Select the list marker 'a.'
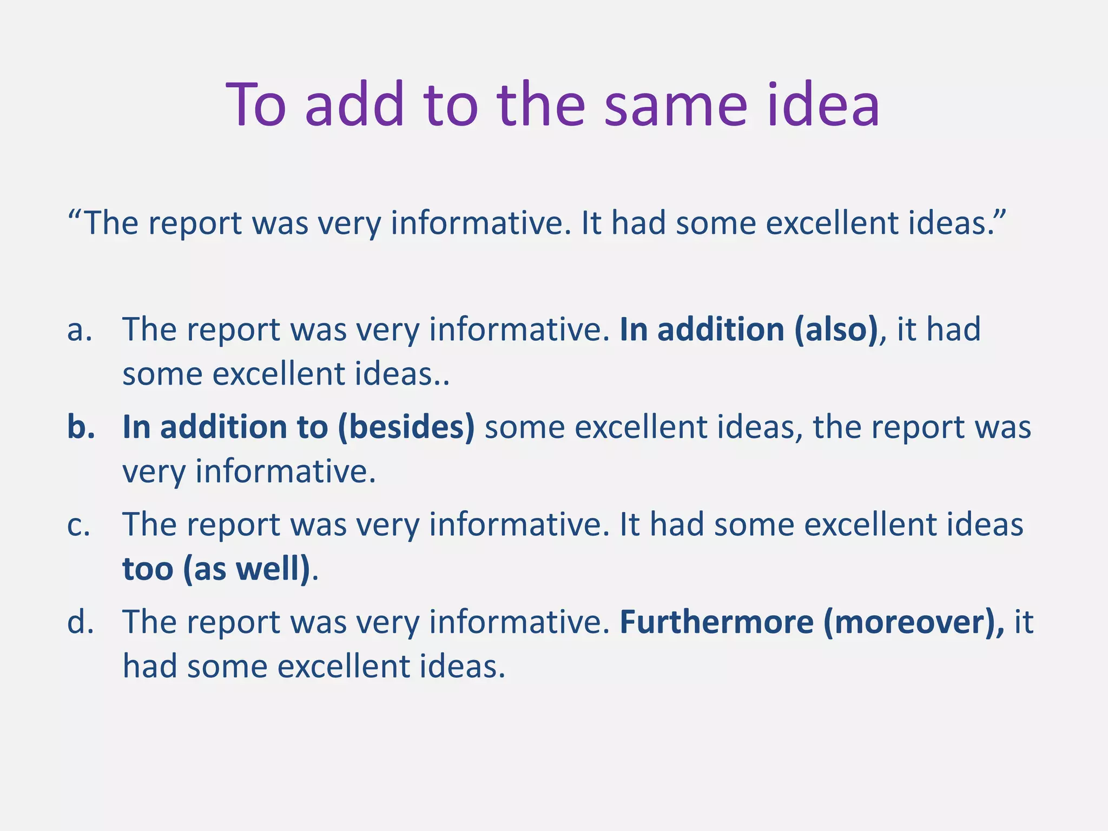tap(80, 329)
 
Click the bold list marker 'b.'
tap(81, 427)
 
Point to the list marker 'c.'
tap(79, 525)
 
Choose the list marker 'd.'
tap(81, 622)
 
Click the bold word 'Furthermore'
tap(716, 622)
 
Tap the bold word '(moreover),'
tap(914, 622)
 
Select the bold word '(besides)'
tap(406, 427)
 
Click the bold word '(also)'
tap(836, 329)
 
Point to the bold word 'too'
tap(147, 569)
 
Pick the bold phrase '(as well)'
tap(247, 569)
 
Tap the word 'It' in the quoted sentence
tap(591, 223)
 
